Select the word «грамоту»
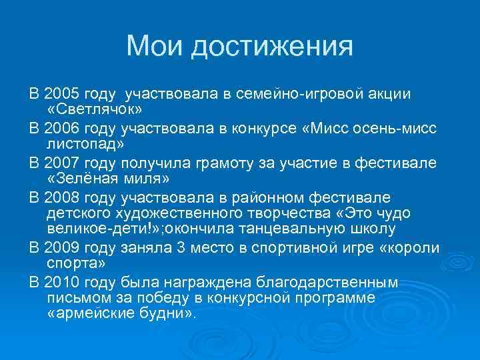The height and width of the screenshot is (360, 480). pos(225,163)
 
